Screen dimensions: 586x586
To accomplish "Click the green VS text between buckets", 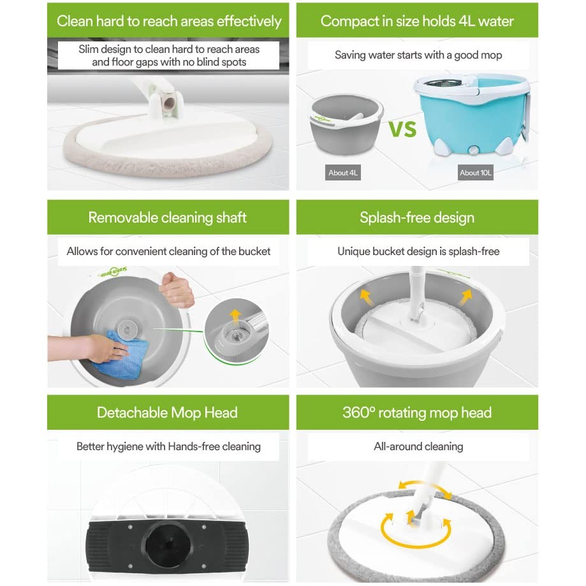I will [x=403, y=128].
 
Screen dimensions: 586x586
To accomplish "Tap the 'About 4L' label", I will [x=343, y=172].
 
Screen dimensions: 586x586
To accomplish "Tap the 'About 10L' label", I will [x=476, y=172].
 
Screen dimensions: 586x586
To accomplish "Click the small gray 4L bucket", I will [x=346, y=131].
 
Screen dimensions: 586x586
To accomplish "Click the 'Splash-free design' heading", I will [x=417, y=217].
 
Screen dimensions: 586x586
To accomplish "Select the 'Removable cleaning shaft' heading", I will [x=168, y=217].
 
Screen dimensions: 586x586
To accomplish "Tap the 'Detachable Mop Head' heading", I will [x=168, y=413].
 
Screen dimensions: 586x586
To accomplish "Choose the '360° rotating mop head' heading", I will [x=417, y=413].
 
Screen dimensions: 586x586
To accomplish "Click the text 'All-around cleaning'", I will [x=418, y=446].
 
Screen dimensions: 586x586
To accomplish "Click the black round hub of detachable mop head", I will [x=167, y=545].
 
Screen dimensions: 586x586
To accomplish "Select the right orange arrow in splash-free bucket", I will [x=467, y=296].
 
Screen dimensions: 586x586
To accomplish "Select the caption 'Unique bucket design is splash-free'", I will [x=418, y=251].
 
